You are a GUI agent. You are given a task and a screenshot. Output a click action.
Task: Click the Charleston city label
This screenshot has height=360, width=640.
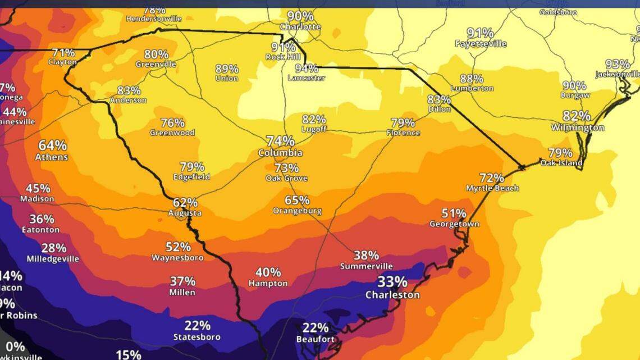392,295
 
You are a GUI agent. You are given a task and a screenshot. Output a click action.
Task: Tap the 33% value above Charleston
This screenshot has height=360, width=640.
392,281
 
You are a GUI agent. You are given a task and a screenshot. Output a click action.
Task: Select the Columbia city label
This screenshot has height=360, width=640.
280,153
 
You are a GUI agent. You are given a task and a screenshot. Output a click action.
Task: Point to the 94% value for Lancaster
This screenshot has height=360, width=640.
307,69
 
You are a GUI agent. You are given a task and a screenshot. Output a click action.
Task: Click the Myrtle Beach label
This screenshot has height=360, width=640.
492,188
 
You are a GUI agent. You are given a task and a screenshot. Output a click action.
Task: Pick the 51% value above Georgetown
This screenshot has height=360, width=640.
454,213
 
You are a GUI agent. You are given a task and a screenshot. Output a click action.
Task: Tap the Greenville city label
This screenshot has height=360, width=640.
156,65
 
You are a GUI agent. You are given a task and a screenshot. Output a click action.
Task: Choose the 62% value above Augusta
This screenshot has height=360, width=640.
185,203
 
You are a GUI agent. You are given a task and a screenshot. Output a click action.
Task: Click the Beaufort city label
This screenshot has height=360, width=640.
316,339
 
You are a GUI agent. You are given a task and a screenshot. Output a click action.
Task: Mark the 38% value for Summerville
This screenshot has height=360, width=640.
366,256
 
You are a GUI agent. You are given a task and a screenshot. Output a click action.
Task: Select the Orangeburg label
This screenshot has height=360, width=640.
297,211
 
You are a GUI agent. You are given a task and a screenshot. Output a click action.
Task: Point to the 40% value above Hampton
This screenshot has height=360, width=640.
268,272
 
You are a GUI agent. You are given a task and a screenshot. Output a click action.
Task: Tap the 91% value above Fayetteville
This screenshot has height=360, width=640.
481,33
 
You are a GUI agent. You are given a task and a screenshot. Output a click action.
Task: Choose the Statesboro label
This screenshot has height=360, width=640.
197,337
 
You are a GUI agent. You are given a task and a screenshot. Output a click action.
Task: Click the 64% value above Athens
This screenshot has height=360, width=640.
52,145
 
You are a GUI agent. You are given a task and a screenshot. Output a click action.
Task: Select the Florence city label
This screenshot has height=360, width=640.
403,133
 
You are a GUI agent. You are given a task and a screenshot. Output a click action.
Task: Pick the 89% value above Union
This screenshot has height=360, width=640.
227,69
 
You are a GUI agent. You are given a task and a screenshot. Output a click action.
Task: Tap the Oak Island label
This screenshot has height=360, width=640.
561,163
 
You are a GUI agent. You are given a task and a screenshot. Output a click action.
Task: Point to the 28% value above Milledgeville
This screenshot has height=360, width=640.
54,248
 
